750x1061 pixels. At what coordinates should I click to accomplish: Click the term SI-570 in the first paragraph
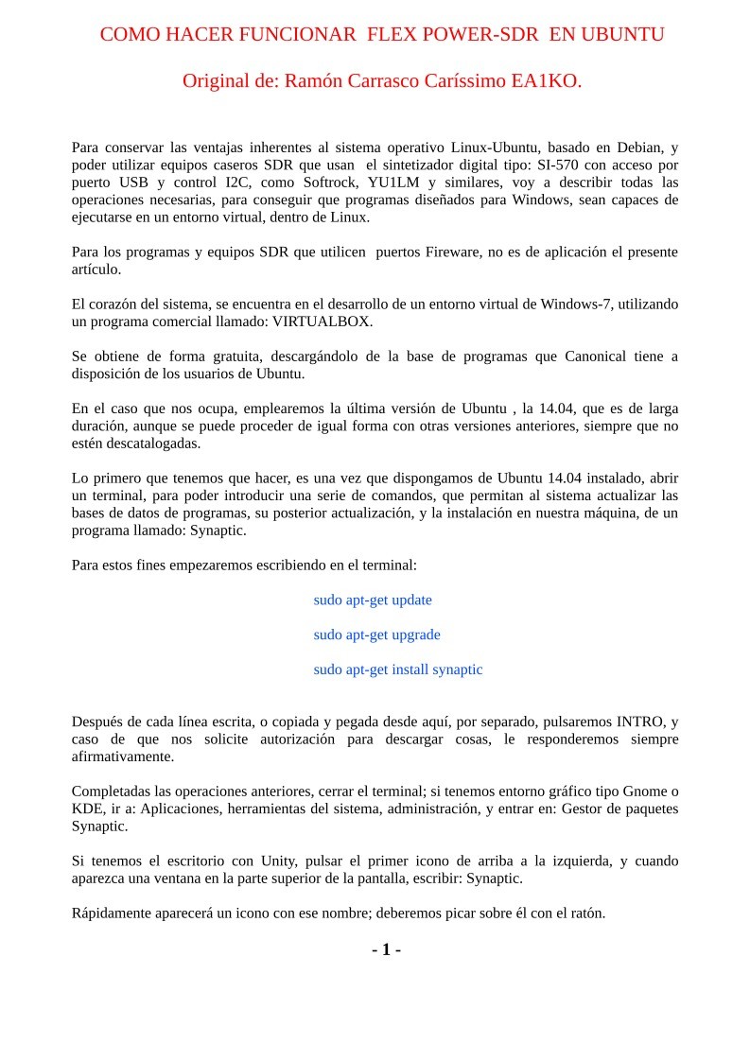(x=557, y=165)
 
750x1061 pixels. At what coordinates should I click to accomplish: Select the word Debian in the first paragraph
(x=630, y=148)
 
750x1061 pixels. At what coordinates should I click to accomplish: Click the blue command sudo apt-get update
(x=373, y=600)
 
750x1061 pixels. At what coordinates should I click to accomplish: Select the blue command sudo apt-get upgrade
(x=376, y=635)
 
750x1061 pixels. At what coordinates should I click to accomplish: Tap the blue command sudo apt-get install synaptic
(x=398, y=670)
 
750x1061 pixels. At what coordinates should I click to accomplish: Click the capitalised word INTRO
(x=637, y=722)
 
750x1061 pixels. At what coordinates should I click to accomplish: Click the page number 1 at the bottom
(x=386, y=949)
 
